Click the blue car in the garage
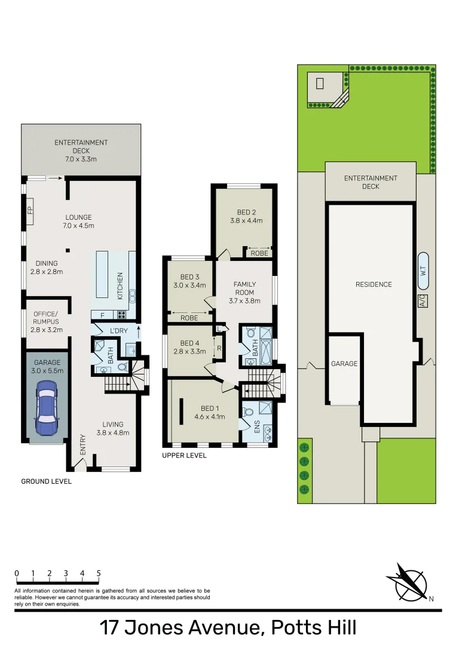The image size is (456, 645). [x=47, y=410]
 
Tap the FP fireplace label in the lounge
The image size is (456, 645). [x=29, y=210]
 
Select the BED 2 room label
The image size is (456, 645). [x=246, y=212]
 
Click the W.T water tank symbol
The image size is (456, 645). [x=423, y=266]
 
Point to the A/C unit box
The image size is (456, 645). [x=422, y=300]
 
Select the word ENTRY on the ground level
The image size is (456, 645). [x=82, y=444]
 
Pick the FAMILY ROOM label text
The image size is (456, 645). [x=244, y=288]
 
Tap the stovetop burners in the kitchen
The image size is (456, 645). [x=122, y=315]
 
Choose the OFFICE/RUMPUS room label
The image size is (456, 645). [x=45, y=318]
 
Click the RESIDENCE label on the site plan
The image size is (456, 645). [x=374, y=284]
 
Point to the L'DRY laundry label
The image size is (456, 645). [x=119, y=331]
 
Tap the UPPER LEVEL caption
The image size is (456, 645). [x=184, y=455]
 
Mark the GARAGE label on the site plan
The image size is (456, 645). [x=344, y=364]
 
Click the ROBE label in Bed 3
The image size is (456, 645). [x=189, y=318]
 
